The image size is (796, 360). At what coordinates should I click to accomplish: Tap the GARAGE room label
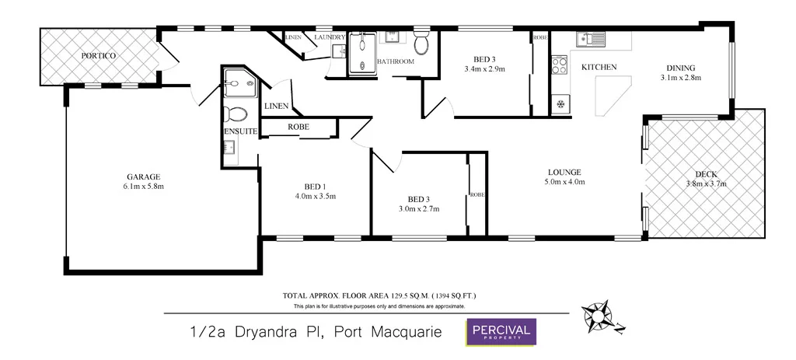pos(143,177)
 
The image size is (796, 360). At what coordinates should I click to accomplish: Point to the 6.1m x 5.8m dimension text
pos(143,187)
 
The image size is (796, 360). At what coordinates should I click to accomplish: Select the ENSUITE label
pos(241,132)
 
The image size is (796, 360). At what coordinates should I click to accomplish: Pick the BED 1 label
pos(314,187)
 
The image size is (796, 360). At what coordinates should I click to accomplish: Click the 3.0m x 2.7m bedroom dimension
pos(419,208)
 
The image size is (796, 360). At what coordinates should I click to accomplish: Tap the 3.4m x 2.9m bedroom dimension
pos(484,69)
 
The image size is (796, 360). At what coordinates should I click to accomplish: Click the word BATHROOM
pos(396,61)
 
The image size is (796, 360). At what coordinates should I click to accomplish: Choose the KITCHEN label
pos(599,68)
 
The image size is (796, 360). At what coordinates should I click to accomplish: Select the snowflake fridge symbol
pos(560,103)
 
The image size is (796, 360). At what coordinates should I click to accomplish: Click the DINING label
pos(680,68)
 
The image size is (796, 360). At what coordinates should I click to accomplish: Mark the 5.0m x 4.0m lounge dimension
pos(564,183)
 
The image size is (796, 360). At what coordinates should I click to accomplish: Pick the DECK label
pos(706,174)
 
